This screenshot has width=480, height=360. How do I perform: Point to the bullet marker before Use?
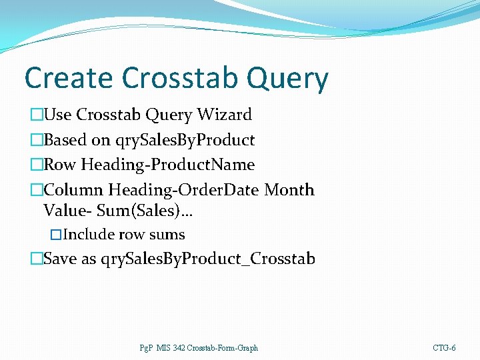coord(36,115)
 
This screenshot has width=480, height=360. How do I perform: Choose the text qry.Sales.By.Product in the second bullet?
coord(185,140)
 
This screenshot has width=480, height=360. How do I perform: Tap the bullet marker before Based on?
coord(36,141)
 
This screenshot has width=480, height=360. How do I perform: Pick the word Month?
coord(289,190)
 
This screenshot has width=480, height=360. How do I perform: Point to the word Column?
coord(74,190)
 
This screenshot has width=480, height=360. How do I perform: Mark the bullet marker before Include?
coord(56,235)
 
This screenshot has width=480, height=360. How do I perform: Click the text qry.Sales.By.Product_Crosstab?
coord(207,259)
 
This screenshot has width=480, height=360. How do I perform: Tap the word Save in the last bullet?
coord(61,259)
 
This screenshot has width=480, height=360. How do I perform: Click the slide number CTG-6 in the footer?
coord(444,348)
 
